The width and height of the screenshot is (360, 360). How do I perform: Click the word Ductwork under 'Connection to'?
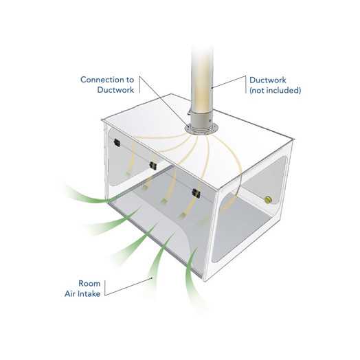coord(115,89)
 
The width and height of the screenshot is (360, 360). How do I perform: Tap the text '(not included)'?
coord(275,90)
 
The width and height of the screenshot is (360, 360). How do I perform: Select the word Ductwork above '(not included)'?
coord(268,80)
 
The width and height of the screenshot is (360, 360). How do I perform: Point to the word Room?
coord(89,283)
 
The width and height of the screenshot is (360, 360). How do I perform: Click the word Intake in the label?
coord(90,293)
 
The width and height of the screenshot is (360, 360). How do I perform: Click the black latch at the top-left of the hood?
coord(117,143)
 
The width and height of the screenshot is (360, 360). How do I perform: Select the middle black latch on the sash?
coord(153,166)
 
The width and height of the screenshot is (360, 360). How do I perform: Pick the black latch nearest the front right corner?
coord(196,193)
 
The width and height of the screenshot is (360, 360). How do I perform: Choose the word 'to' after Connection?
coord(130,80)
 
